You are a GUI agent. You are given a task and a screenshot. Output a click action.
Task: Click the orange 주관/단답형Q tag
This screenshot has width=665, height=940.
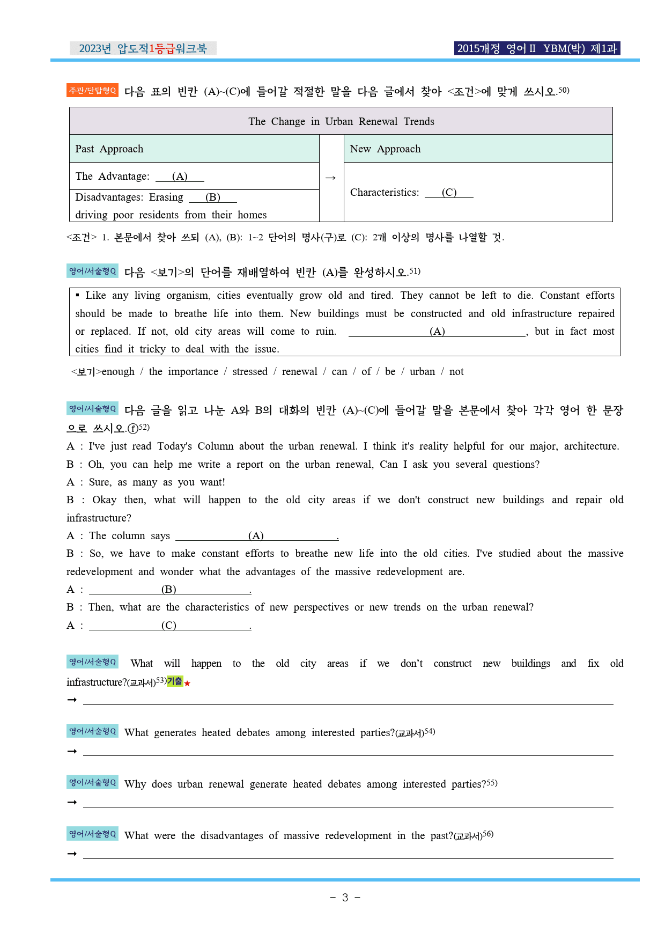[92, 91]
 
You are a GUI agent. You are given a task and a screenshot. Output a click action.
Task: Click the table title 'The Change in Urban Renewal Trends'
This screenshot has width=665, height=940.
[341, 121]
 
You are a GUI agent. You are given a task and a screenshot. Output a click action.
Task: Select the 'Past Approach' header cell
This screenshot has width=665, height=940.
[109, 149]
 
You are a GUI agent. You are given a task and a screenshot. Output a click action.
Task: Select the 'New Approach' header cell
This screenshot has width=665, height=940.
[385, 149]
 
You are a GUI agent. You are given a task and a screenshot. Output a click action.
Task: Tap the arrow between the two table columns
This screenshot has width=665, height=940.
[331, 178]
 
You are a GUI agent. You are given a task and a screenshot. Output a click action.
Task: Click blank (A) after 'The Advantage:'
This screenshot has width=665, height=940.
[180, 177]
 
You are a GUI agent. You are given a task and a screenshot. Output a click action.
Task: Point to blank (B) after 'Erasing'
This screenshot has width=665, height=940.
[213, 197]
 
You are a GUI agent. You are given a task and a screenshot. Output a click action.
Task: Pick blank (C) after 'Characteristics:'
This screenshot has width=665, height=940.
[449, 193]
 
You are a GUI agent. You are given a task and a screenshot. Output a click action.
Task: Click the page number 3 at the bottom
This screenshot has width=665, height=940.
[345, 898]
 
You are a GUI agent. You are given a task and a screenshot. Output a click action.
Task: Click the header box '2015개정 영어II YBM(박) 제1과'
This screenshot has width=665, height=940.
[537, 48]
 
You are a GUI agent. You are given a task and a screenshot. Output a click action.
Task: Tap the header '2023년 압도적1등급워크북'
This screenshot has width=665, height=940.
[143, 48]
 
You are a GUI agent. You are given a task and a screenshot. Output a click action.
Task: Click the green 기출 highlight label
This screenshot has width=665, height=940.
[174, 681]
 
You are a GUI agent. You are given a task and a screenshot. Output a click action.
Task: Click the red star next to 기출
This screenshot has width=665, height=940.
[187, 684]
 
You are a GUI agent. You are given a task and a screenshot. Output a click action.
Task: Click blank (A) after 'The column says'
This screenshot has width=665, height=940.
[256, 535]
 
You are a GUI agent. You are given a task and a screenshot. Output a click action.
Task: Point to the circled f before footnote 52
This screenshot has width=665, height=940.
[133, 429]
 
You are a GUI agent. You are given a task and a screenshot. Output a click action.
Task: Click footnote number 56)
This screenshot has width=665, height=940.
[488, 834]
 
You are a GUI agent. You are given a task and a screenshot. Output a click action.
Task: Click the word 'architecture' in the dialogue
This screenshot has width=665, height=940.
[591, 446]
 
